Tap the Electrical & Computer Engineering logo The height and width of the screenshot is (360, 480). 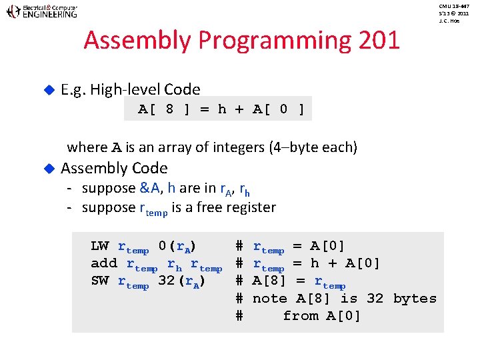41,11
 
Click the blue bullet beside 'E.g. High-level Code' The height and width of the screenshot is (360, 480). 47,89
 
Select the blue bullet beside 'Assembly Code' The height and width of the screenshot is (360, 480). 47,168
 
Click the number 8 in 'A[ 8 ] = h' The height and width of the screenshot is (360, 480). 169,109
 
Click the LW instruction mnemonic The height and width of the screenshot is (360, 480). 99,246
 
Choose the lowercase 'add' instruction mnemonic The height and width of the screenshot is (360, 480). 104,263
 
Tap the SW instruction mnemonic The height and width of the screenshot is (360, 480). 99,281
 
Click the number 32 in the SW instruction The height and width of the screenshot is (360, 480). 167,281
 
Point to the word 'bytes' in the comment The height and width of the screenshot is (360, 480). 415,298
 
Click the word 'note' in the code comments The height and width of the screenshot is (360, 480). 269,298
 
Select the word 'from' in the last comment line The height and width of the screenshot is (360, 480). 300,315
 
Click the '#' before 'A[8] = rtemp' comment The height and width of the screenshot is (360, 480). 239,281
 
